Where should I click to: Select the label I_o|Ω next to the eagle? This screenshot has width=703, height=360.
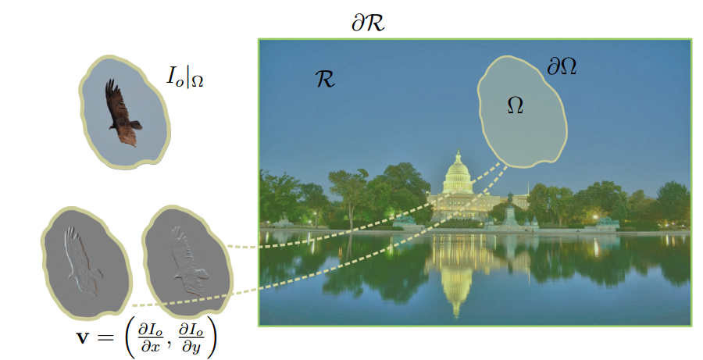[184, 76]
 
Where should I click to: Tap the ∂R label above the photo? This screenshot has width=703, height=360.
[368, 23]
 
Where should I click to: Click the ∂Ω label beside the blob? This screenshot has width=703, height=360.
[561, 67]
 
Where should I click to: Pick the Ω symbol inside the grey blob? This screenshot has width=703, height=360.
[515, 104]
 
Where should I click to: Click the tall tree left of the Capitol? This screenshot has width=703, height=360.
[348, 191]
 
